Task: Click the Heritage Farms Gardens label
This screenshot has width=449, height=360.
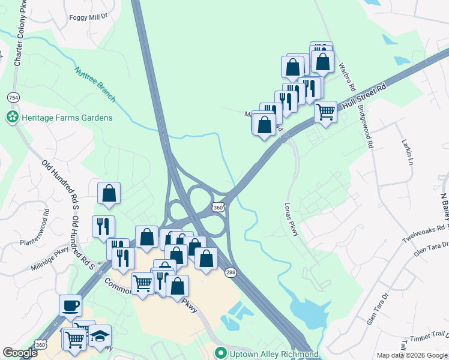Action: pos(66,118)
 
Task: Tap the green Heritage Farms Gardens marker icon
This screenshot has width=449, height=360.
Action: pos(11,118)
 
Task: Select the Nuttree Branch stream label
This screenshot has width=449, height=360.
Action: pos(95,83)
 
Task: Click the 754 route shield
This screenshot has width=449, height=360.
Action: pos(13,97)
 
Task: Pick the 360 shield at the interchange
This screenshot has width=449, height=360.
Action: pos(218,207)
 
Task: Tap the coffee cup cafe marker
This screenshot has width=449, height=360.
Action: pos(70,305)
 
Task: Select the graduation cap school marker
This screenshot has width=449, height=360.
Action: pos(100,336)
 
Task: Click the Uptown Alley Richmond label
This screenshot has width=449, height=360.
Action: pos(273,354)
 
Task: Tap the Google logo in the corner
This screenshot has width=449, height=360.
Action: pos(20,353)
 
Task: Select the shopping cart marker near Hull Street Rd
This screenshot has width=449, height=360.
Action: pos(325,111)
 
